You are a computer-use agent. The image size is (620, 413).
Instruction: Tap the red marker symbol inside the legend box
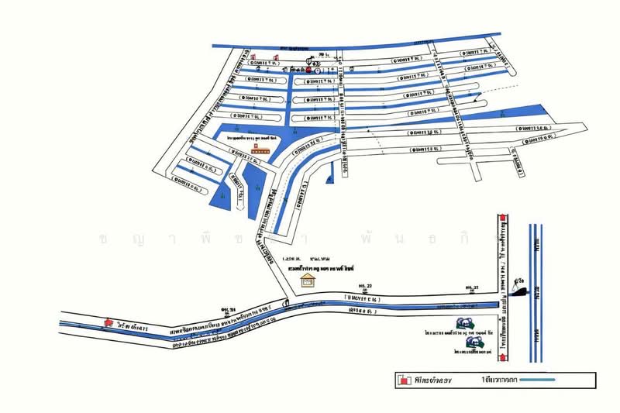point(403,380)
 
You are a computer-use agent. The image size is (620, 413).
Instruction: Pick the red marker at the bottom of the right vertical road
point(504,362)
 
